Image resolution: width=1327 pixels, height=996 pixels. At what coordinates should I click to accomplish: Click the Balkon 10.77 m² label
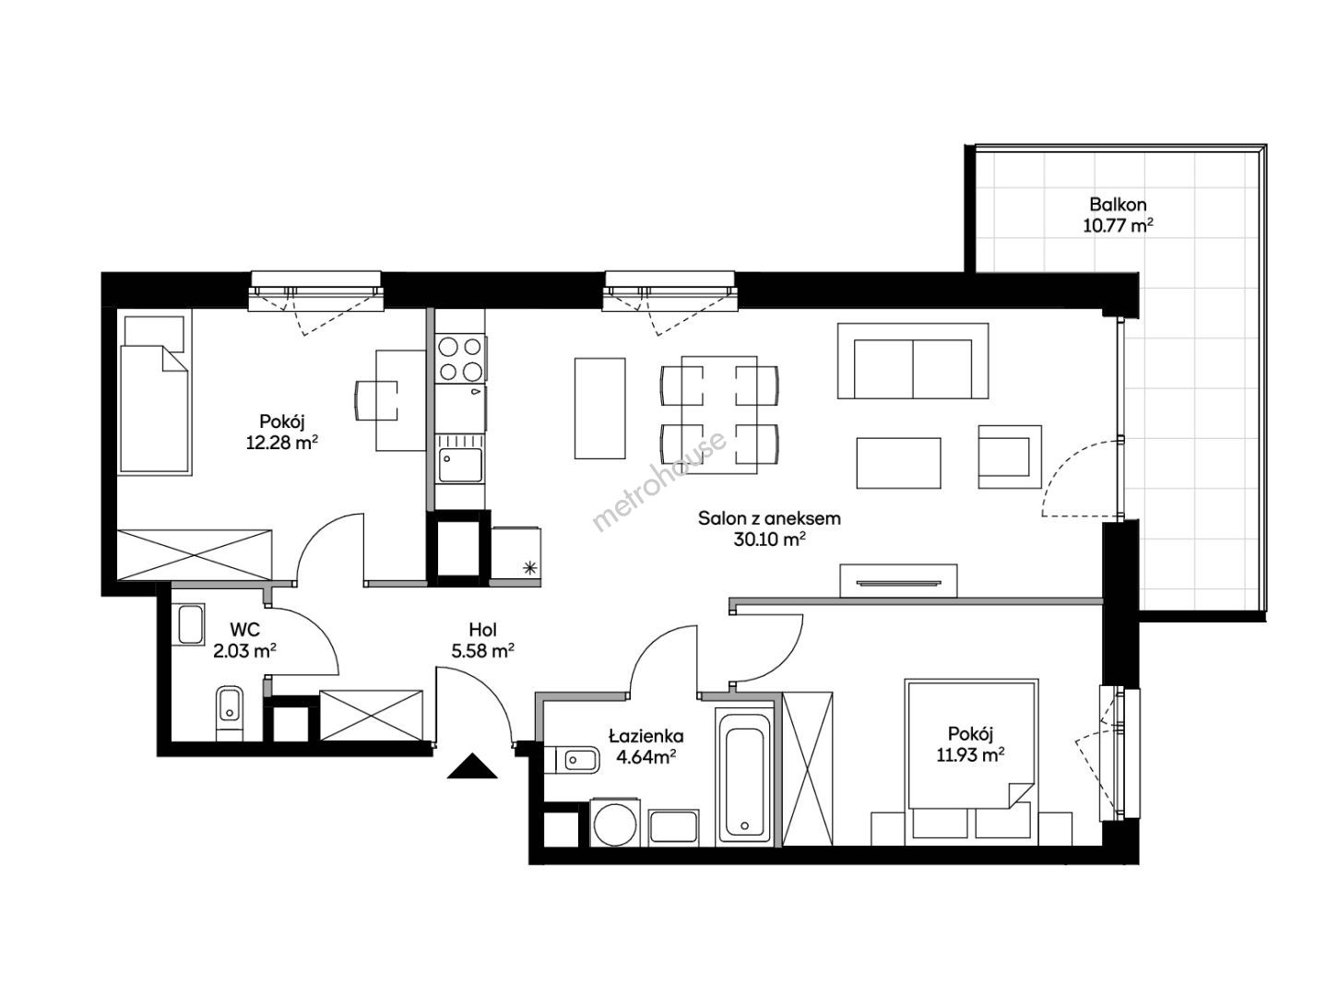point(1118,215)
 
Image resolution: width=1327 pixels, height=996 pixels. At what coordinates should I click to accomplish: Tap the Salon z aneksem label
point(769,518)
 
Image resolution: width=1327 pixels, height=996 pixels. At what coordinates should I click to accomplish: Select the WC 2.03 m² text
point(245,640)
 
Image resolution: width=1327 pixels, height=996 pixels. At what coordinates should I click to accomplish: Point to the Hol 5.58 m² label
point(482,640)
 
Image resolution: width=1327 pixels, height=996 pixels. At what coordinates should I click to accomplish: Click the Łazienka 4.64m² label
point(646,746)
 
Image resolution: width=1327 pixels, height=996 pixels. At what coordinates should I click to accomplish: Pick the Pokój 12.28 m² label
point(282,432)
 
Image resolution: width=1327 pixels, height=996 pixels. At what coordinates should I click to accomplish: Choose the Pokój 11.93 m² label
point(970,744)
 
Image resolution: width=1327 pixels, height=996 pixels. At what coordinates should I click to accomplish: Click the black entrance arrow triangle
point(472,765)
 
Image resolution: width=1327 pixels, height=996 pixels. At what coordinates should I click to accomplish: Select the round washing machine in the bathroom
point(614,823)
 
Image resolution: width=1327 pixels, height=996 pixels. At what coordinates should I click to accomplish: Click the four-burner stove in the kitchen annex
point(460,359)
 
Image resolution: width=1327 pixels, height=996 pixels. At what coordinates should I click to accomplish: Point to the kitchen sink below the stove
point(460,465)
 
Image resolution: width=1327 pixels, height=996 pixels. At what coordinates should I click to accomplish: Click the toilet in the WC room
point(230,712)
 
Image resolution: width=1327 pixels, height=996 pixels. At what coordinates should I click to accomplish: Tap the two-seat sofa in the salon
point(912,361)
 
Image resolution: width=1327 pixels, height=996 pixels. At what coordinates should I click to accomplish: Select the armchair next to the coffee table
point(1010,456)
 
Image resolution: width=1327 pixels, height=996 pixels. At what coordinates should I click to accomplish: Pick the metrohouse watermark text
point(659,480)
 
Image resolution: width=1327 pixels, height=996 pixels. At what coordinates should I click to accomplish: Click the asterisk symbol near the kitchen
point(529,567)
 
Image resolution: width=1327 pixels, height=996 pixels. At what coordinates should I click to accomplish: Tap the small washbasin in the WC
point(191,624)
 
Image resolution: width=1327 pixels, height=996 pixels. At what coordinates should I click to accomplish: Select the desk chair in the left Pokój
point(375,400)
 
